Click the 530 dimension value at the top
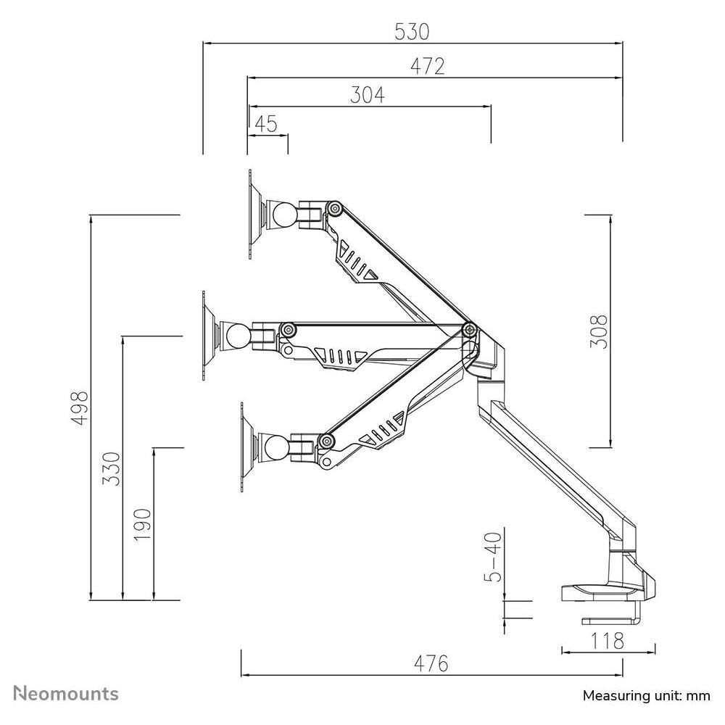tap(412, 31)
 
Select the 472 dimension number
tap(427, 66)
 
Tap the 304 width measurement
tap(368, 95)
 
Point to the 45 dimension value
tap(266, 124)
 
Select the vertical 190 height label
tap(143, 523)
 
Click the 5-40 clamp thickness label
tap(493, 557)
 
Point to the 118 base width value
tap(608, 641)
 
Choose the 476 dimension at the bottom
tap(431, 663)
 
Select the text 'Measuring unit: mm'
tap(647, 696)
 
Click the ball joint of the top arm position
tap(284, 215)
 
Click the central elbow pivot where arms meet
tap(470, 331)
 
